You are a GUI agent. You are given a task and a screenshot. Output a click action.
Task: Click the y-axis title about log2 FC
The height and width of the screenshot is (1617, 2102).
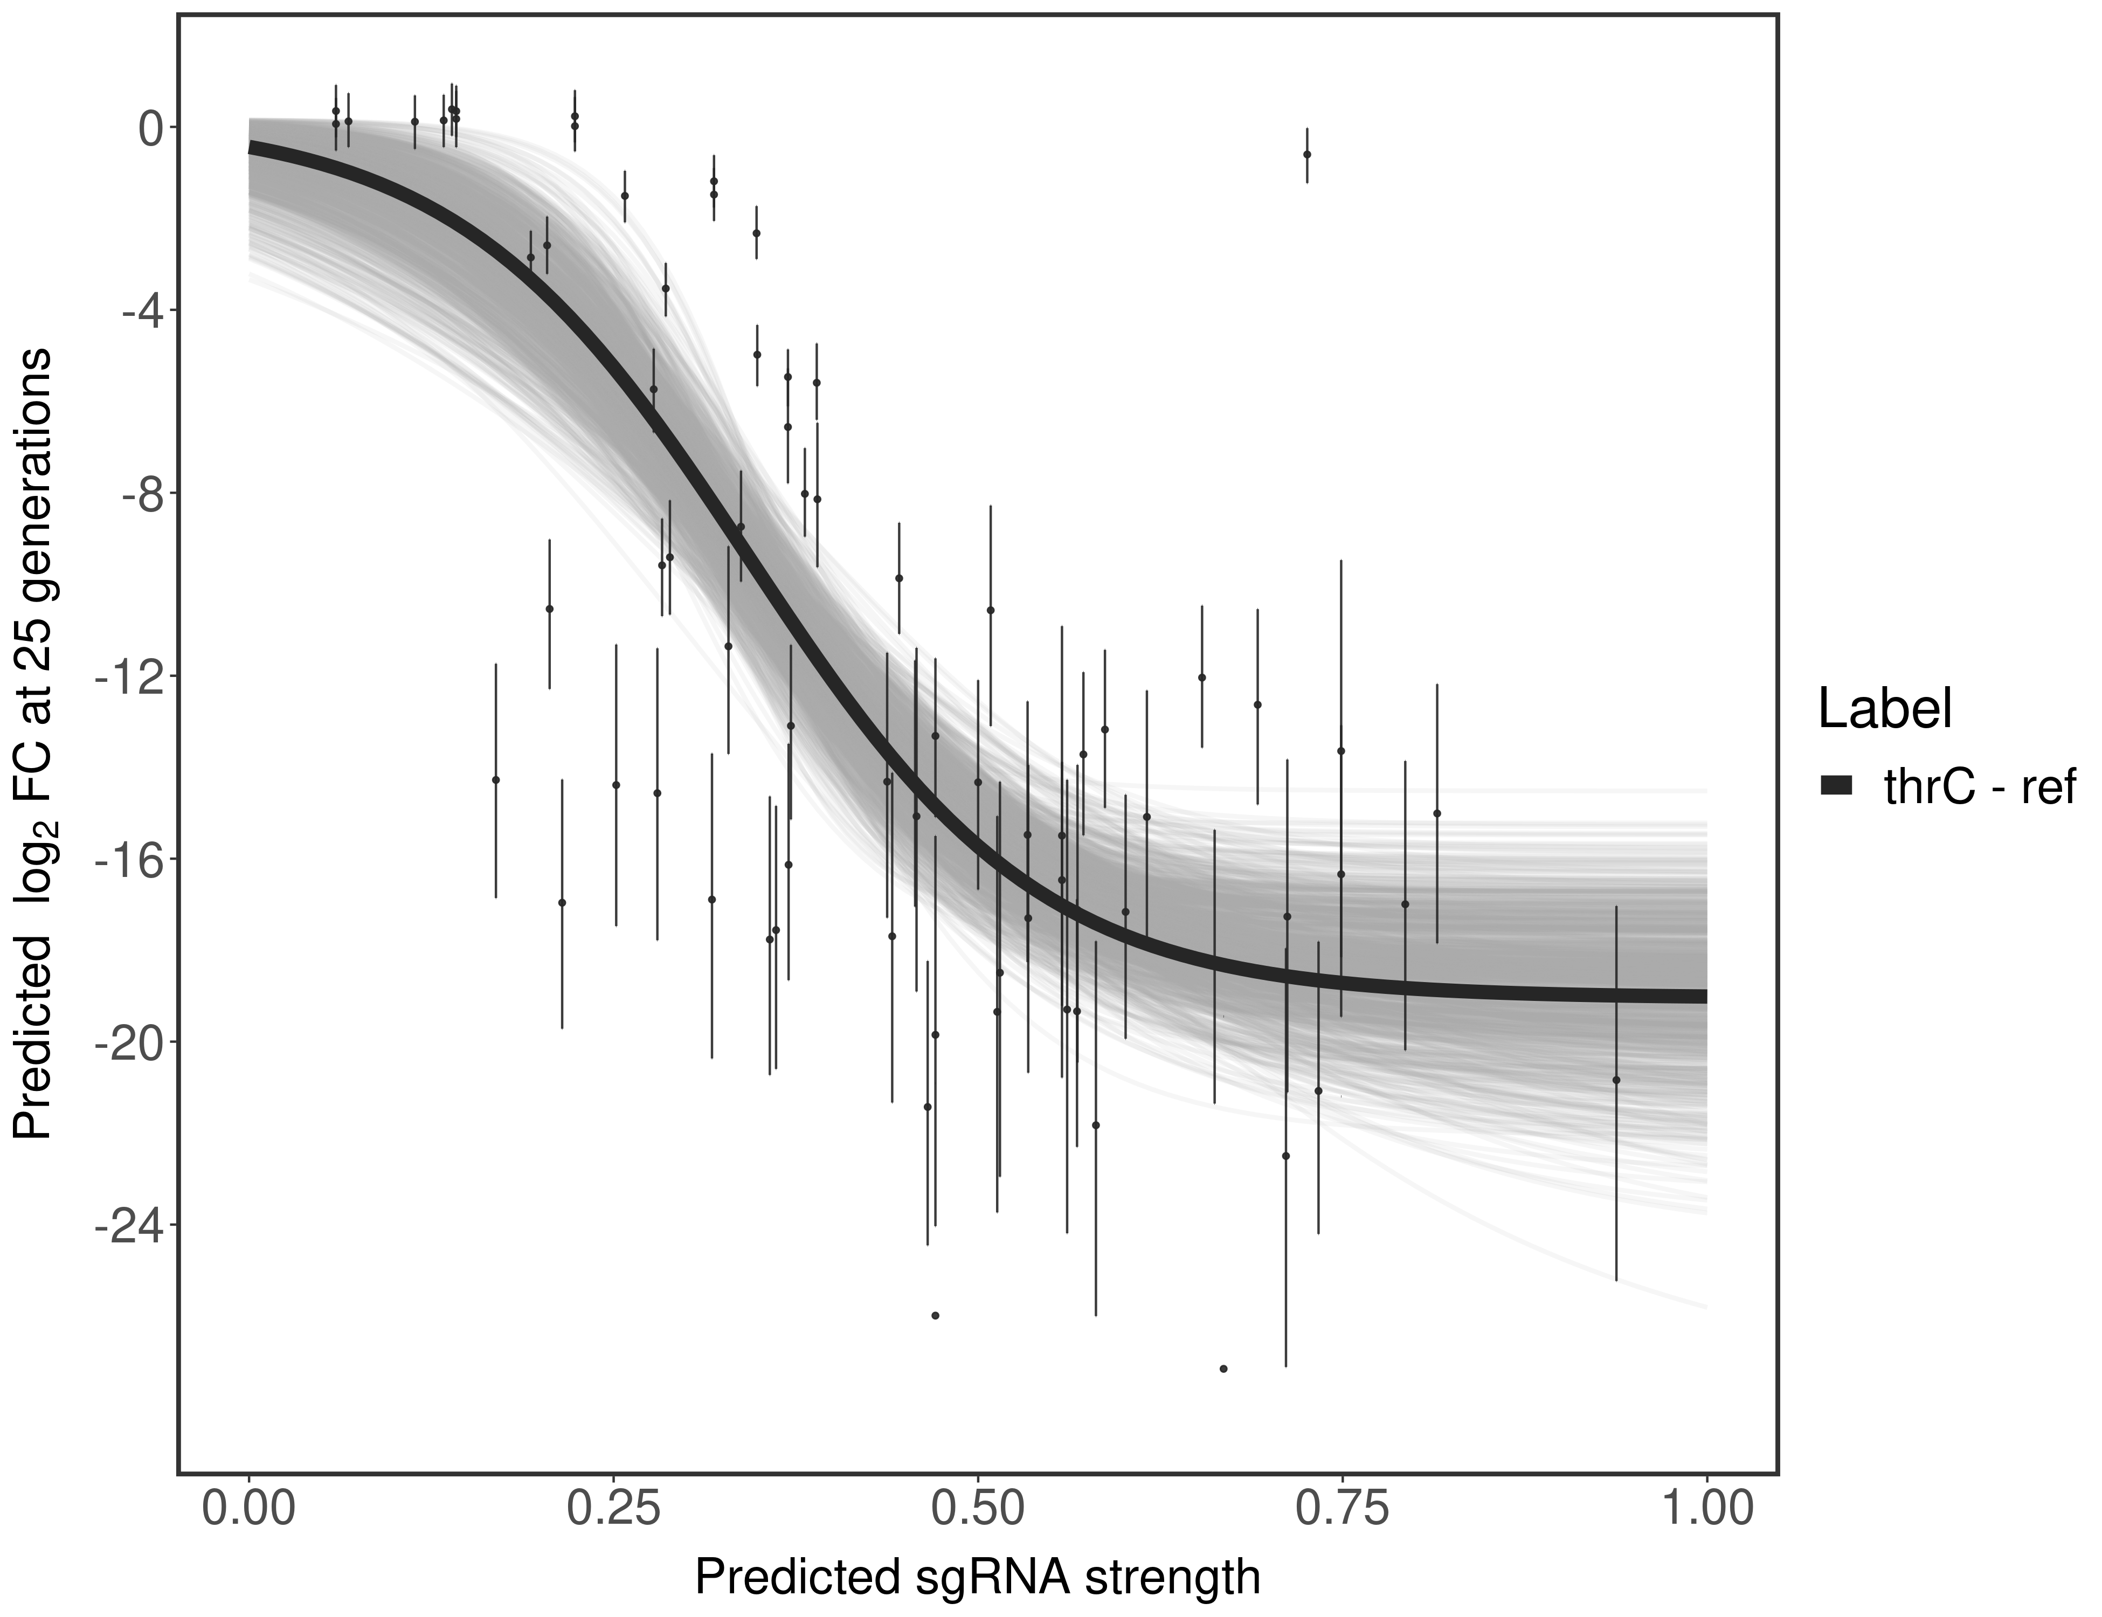(x=33, y=743)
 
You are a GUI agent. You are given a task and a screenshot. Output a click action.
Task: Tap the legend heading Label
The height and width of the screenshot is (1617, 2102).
(x=1884, y=709)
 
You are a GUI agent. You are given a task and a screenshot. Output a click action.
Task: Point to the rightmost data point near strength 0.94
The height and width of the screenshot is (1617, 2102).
(x=1616, y=1080)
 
